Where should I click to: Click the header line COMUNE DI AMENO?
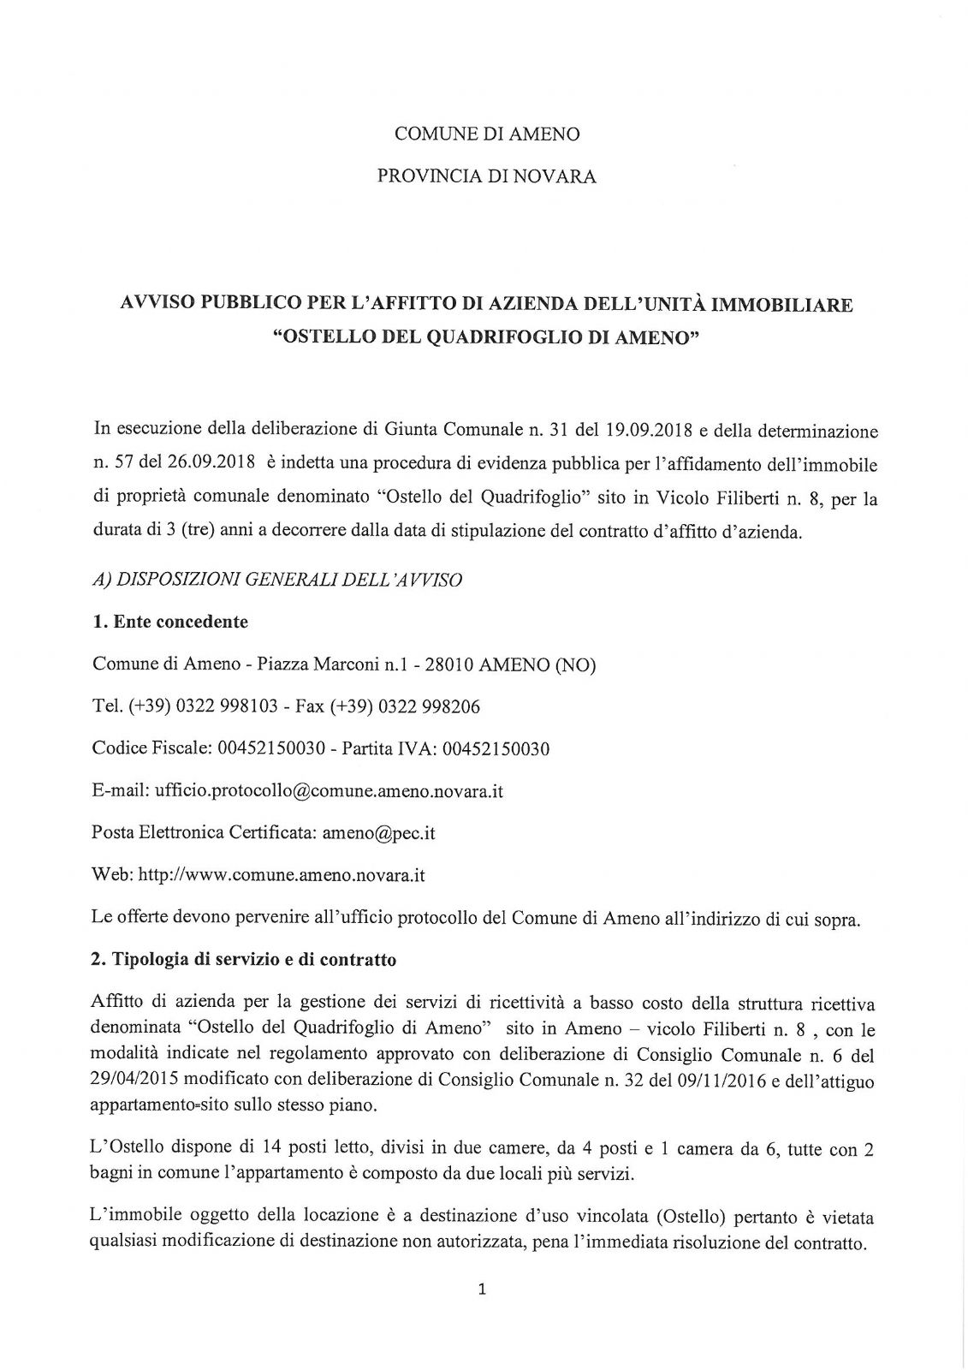tap(486, 134)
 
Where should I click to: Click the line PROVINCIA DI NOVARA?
tap(486, 177)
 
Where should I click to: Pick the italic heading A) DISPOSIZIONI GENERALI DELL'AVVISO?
tap(276, 581)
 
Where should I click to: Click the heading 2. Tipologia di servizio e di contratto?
tap(243, 960)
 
